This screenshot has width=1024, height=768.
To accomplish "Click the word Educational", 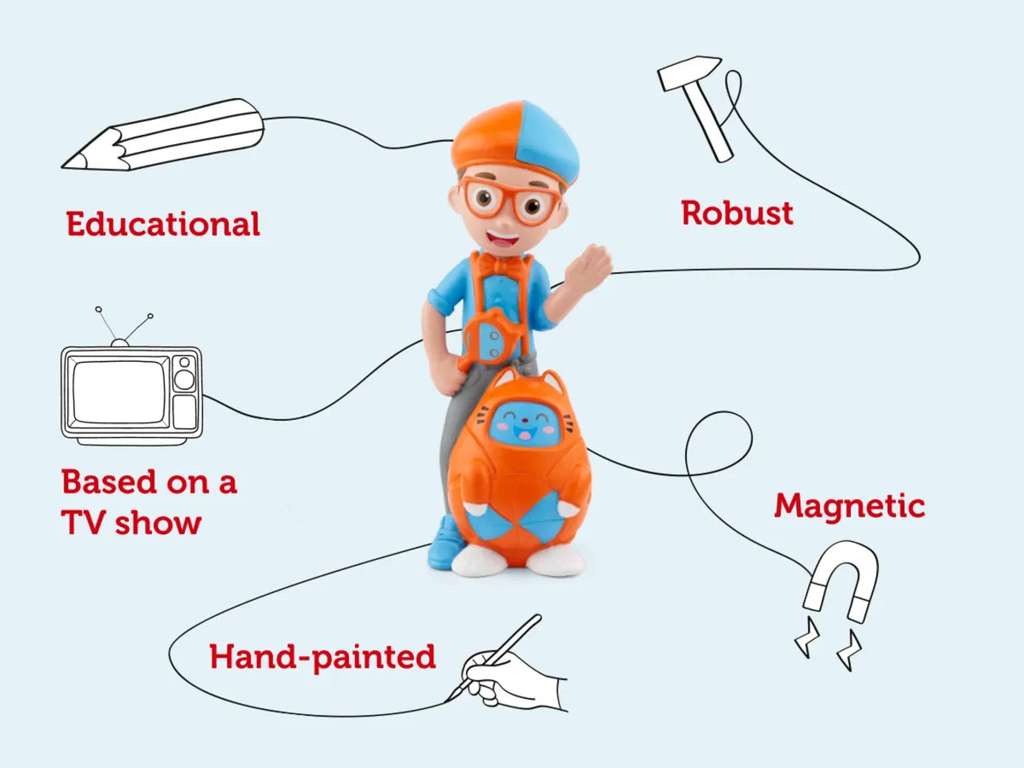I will click(x=163, y=224).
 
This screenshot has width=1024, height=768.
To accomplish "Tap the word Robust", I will click(x=736, y=212).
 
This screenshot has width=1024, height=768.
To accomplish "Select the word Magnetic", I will click(x=849, y=506).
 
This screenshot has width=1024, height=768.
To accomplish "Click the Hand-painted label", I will click(x=323, y=657).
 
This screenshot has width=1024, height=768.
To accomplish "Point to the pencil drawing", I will click(x=162, y=135).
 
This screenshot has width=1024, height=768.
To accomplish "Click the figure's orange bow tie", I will click(x=500, y=262).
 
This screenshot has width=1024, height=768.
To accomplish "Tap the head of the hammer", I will click(x=689, y=72).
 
